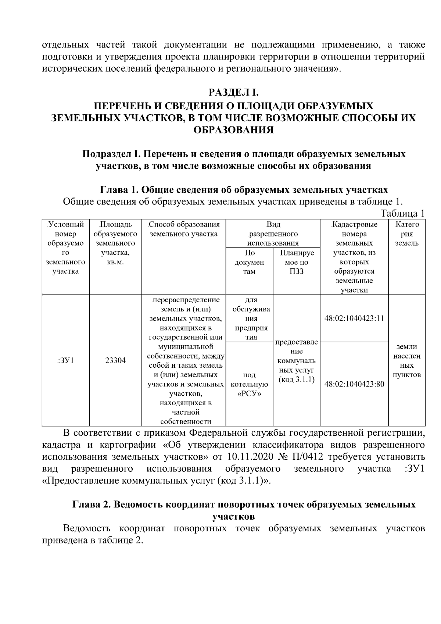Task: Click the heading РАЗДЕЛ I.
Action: click(x=234, y=91)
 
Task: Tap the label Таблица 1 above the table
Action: click(x=402, y=214)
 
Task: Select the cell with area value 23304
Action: click(x=115, y=361)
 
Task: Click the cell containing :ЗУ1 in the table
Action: click(x=66, y=361)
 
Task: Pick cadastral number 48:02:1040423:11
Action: click(x=354, y=318)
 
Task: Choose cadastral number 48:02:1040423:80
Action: click(x=354, y=384)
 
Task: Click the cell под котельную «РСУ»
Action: click(x=249, y=384)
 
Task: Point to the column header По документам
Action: click(x=249, y=263)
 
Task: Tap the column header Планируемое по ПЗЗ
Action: click(x=297, y=263)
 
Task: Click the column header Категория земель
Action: click(x=407, y=234)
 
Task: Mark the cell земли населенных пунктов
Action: click(x=407, y=361)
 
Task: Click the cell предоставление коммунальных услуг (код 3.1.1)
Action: click(x=297, y=361)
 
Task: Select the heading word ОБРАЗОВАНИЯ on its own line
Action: click(x=234, y=130)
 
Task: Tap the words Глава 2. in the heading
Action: click(x=92, y=504)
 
